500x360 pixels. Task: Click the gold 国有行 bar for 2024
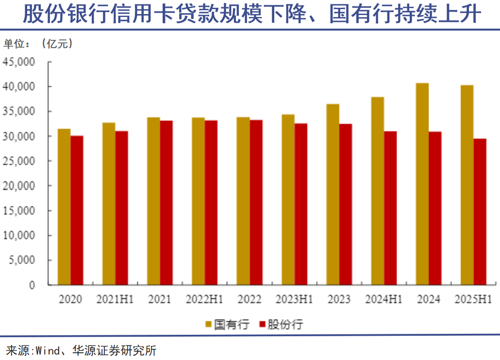[422, 184]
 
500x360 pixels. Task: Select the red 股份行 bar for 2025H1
[480, 212]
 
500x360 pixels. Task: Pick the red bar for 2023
[346, 204]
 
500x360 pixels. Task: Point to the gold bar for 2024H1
[378, 191]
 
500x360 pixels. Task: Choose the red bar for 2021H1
[122, 208]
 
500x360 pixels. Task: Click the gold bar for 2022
[243, 201]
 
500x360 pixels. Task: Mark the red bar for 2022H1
[211, 202]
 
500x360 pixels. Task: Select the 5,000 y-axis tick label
[21, 260]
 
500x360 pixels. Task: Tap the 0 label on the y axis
[32, 285]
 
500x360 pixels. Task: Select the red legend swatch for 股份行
[264, 324]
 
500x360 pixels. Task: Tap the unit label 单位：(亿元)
[39, 44]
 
